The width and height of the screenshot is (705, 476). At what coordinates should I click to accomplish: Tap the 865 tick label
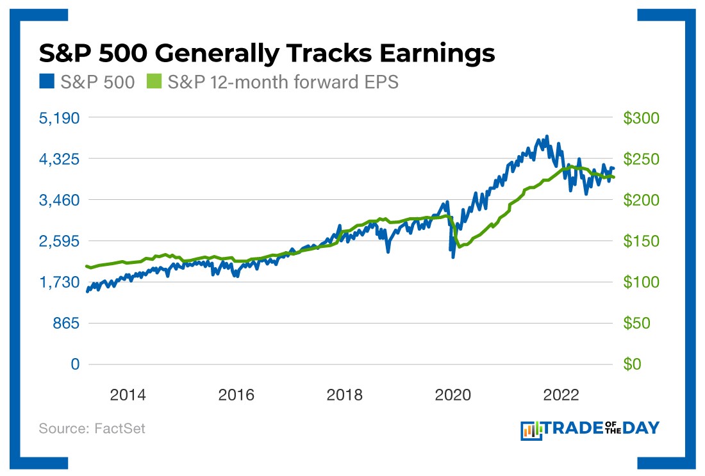point(66,324)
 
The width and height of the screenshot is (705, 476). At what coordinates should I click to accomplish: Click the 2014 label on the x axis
point(128,395)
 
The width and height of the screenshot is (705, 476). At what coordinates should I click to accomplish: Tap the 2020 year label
point(453,395)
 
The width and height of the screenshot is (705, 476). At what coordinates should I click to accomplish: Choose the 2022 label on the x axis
point(562,395)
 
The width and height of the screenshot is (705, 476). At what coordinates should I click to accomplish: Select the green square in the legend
point(153,83)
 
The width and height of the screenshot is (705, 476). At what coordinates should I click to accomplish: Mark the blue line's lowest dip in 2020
point(453,258)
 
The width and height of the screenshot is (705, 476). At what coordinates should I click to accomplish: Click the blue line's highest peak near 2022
point(547,136)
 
